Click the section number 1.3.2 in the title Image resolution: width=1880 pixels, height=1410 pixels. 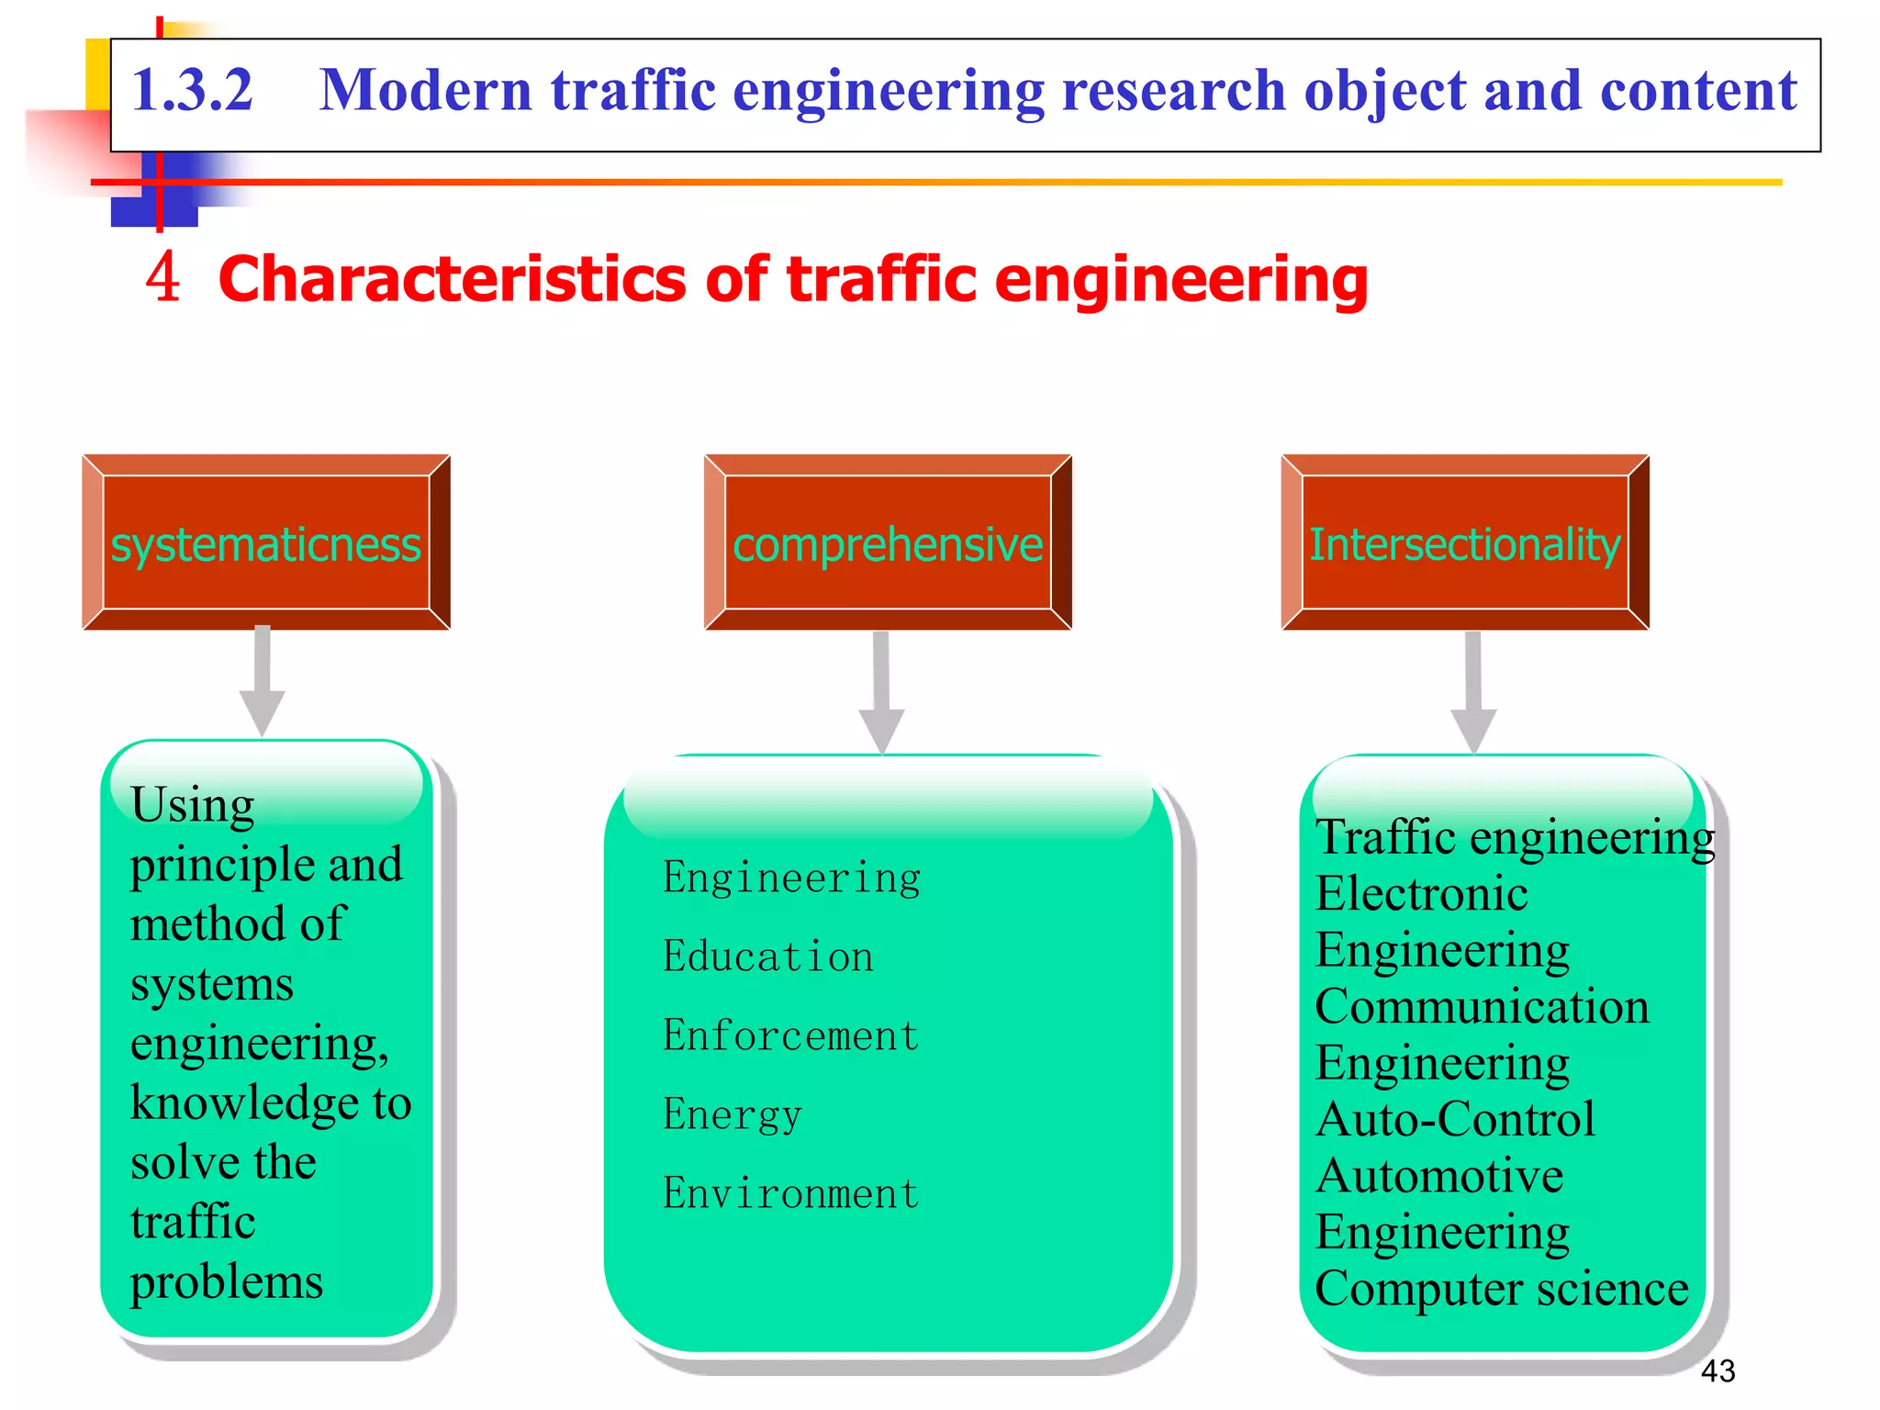pyautogui.click(x=192, y=91)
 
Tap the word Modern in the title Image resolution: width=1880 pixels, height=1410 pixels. pyautogui.click(x=425, y=91)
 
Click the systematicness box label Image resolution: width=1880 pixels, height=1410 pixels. pyautogui.click(x=265, y=544)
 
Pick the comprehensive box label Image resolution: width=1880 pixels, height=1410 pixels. pyautogui.click(x=887, y=544)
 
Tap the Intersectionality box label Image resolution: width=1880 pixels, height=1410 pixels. pyautogui.click(x=1464, y=544)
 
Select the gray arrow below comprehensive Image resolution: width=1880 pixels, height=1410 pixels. pyautogui.click(x=881, y=693)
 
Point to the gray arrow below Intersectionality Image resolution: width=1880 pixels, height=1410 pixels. pyautogui.click(x=1473, y=693)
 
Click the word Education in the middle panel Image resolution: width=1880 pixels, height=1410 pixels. pyautogui.click(x=768, y=957)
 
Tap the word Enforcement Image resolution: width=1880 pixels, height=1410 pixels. pyautogui.click(x=790, y=1035)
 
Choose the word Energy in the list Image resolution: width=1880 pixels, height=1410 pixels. pyautogui.click(x=733, y=1114)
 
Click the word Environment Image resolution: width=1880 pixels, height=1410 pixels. pyautogui.click(x=790, y=1193)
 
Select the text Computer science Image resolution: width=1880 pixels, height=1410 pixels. pyautogui.click(x=1501, y=1289)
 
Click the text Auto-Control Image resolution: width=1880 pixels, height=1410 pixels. pyautogui.click(x=1455, y=1120)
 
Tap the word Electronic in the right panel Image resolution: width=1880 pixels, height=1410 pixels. pyautogui.click(x=1421, y=894)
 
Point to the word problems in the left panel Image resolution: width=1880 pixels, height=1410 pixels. pyautogui.click(x=227, y=1281)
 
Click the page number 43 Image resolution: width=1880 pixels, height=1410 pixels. pyautogui.click(x=1718, y=1371)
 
